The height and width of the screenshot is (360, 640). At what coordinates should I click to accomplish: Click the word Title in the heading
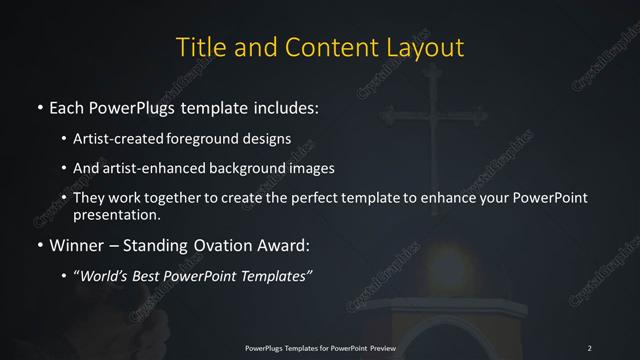pyautogui.click(x=198, y=47)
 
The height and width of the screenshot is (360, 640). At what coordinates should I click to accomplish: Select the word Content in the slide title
pyautogui.click(x=315, y=47)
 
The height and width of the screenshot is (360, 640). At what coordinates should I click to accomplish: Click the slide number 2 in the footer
pyautogui.click(x=589, y=347)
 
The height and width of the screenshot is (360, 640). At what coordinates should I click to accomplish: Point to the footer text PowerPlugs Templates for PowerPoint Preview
pyautogui.click(x=319, y=347)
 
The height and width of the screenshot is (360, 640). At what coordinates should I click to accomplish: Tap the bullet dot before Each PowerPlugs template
pyautogui.click(x=39, y=105)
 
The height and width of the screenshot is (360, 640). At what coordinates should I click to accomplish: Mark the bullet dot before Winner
pyautogui.click(x=39, y=243)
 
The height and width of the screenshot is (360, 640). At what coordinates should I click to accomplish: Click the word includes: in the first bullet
pyautogui.click(x=290, y=105)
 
